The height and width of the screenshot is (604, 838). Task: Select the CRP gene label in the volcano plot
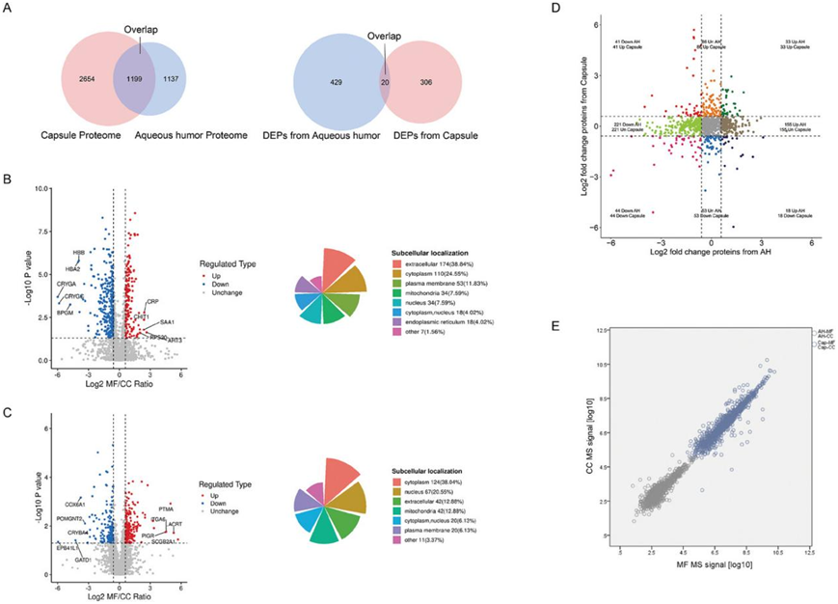[x=152, y=302]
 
